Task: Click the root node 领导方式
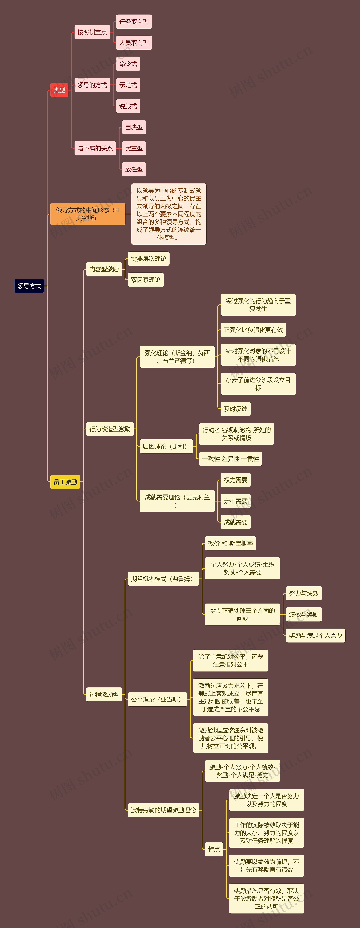point(29,286)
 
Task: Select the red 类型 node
point(59,90)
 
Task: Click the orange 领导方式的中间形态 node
point(88,214)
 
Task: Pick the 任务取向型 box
point(134,22)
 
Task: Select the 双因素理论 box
point(146,280)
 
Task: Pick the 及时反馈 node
point(235,409)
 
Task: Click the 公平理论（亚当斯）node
point(157,699)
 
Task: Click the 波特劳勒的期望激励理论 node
point(163,810)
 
